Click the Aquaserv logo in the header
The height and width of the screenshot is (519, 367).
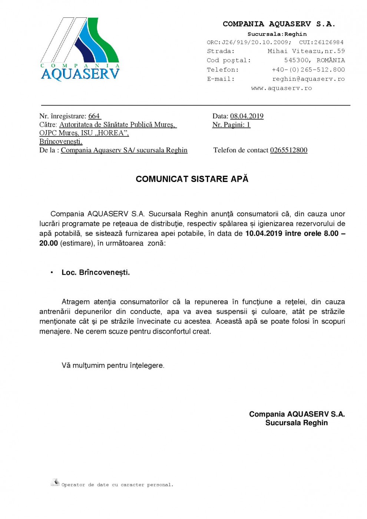pos(80,49)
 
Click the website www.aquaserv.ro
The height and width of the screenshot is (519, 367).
pos(281,88)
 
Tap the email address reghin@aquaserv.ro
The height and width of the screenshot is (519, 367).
pos(308,79)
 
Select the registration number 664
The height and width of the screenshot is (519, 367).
pos(94,116)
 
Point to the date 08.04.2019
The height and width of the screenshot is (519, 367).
pos(247,116)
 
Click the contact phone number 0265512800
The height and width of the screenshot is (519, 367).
pos(288,150)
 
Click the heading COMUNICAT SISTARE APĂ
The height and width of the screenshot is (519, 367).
pos(192,179)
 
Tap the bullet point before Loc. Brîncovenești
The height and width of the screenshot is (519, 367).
pos(52,273)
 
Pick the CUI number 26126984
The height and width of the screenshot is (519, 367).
pos(328,42)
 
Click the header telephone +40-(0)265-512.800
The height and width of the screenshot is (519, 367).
pos(308,70)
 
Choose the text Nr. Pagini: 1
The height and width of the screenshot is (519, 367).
pos(231,125)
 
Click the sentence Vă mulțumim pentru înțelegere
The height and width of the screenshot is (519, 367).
pos(113,366)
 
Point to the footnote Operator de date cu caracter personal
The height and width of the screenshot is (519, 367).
pos(117,485)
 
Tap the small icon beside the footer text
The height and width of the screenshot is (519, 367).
pos(55,483)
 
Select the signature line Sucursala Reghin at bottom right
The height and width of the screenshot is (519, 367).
pos(296,423)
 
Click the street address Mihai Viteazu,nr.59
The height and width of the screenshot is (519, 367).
pos(306,51)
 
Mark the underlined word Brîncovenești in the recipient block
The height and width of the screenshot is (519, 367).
pos(61,142)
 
